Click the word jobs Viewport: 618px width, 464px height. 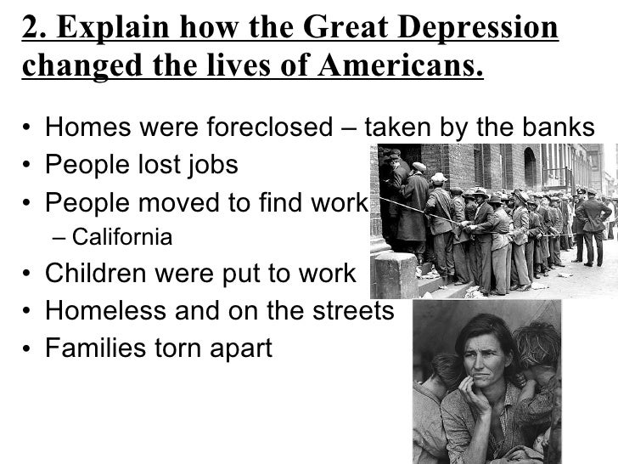[211, 167]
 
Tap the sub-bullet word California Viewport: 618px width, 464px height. [122, 237]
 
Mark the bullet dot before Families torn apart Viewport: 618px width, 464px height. [29, 349]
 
